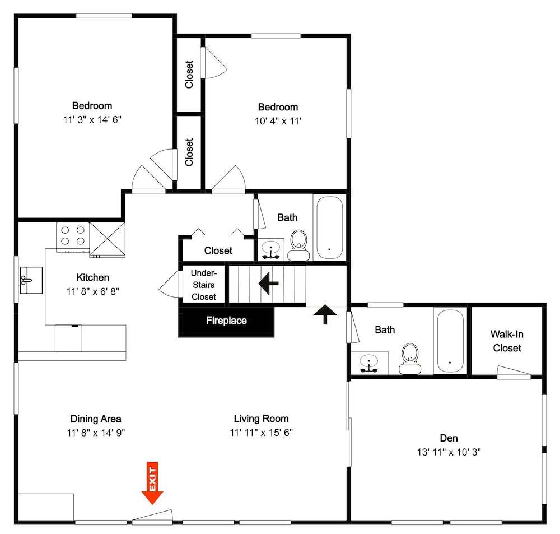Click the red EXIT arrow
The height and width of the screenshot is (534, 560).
point(152,483)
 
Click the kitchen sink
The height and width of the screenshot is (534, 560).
point(31,280)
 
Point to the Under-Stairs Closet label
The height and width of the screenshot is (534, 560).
point(204,285)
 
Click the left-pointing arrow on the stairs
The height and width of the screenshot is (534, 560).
point(269,283)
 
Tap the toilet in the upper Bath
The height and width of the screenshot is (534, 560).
point(298,245)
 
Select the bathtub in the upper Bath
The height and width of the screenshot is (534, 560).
point(330,227)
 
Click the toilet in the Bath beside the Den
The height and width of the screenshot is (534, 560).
point(410,359)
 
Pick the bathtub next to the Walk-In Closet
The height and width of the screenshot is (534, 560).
point(450,341)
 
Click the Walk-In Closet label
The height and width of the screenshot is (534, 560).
point(507,341)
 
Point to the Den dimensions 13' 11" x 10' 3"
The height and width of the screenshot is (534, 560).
point(449,452)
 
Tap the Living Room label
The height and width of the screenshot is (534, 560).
point(261,419)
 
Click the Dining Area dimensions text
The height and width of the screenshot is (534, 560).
point(96,433)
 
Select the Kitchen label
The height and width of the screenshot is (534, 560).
point(93,277)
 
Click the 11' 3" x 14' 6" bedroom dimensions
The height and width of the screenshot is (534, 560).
point(92,119)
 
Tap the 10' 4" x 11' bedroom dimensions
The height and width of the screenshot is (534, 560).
point(278,121)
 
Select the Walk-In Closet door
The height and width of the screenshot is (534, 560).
point(514,372)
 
